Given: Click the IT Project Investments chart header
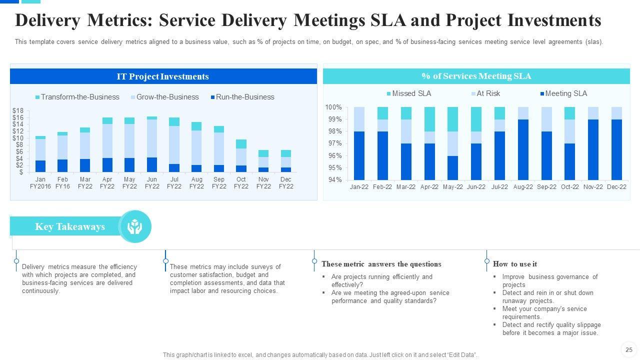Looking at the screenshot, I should tap(163, 76).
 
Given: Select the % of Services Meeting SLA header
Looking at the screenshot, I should tap(476, 76).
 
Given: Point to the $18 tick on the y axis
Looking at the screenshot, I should tap(18, 110).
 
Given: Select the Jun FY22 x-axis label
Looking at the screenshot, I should tap(152, 183).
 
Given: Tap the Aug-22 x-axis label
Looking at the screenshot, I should tap(523, 187).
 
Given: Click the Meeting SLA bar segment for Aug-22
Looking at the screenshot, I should tap(523, 150).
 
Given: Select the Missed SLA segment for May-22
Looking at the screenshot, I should tap(452, 119).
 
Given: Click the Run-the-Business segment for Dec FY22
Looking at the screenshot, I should tap(286, 170).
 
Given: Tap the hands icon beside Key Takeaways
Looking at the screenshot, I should tap(134, 227).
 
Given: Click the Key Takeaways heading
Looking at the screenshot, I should tap(70, 226).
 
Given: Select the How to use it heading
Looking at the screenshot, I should tap(514, 264).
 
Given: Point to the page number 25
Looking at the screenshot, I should tap(629, 350).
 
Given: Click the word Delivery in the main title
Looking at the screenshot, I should tap(47, 20).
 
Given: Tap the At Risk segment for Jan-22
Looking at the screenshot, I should tap(359, 119).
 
